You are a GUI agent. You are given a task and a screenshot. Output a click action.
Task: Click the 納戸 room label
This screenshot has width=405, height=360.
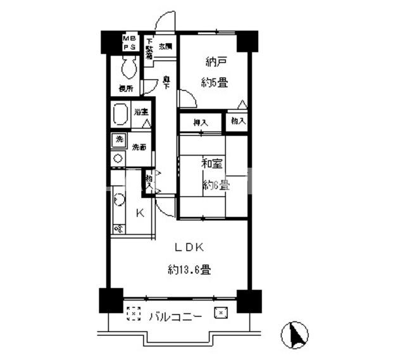tap(216, 62)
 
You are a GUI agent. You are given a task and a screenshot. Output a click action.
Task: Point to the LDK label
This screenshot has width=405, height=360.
tap(189, 247)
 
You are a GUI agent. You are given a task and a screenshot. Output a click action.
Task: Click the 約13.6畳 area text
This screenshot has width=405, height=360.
tap(189, 270)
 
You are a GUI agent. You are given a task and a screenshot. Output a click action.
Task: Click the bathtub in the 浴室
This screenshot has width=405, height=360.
tap(121, 117)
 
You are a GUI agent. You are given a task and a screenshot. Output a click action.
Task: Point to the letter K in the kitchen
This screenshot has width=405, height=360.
tap(140, 213)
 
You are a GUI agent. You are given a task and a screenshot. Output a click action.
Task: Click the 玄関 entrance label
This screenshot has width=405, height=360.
tap(166, 46)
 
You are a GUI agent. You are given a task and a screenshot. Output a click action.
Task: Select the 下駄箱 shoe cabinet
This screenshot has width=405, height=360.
tap(149, 49)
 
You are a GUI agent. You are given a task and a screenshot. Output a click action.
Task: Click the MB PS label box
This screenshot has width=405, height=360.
tap(129, 42)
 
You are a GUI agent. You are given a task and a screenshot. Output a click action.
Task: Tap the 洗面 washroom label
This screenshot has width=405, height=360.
tap(140, 147)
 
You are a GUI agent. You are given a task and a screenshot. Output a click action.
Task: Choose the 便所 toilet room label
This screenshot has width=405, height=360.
tap(125, 89)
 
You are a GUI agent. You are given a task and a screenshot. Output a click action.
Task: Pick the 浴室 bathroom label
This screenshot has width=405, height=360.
tap(140, 112)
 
